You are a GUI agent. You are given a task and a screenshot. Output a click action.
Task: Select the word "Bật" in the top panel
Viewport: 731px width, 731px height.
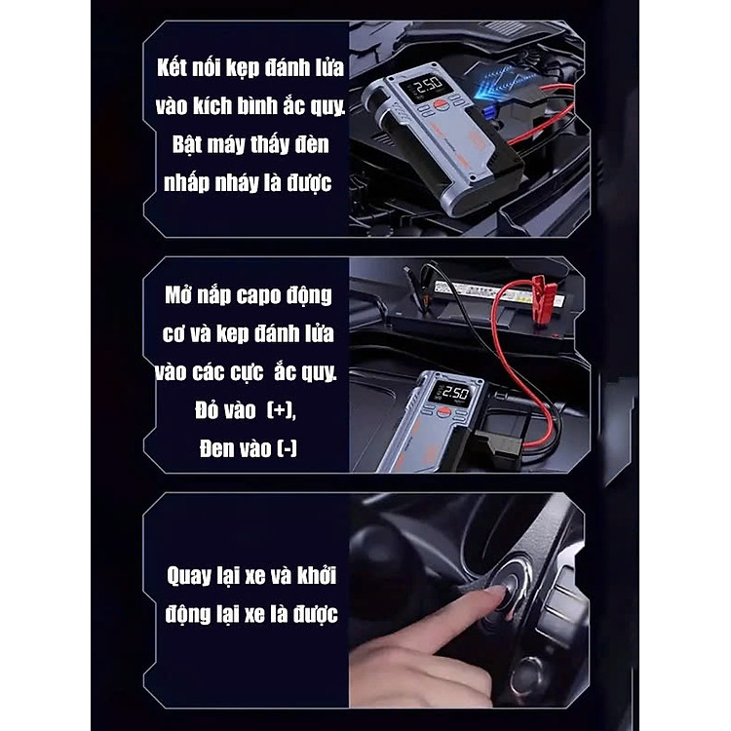[188, 144]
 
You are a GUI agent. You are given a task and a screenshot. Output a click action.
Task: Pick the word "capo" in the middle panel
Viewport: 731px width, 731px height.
[258, 296]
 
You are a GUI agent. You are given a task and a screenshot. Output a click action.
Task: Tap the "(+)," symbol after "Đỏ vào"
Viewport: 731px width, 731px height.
[282, 410]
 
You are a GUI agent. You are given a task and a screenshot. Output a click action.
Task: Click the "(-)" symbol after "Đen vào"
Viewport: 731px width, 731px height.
[287, 448]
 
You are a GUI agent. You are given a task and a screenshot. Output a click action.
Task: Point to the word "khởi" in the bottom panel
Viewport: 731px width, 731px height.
[317, 575]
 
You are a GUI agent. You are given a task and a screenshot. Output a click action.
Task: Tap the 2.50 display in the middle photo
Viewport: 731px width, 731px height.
[453, 392]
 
